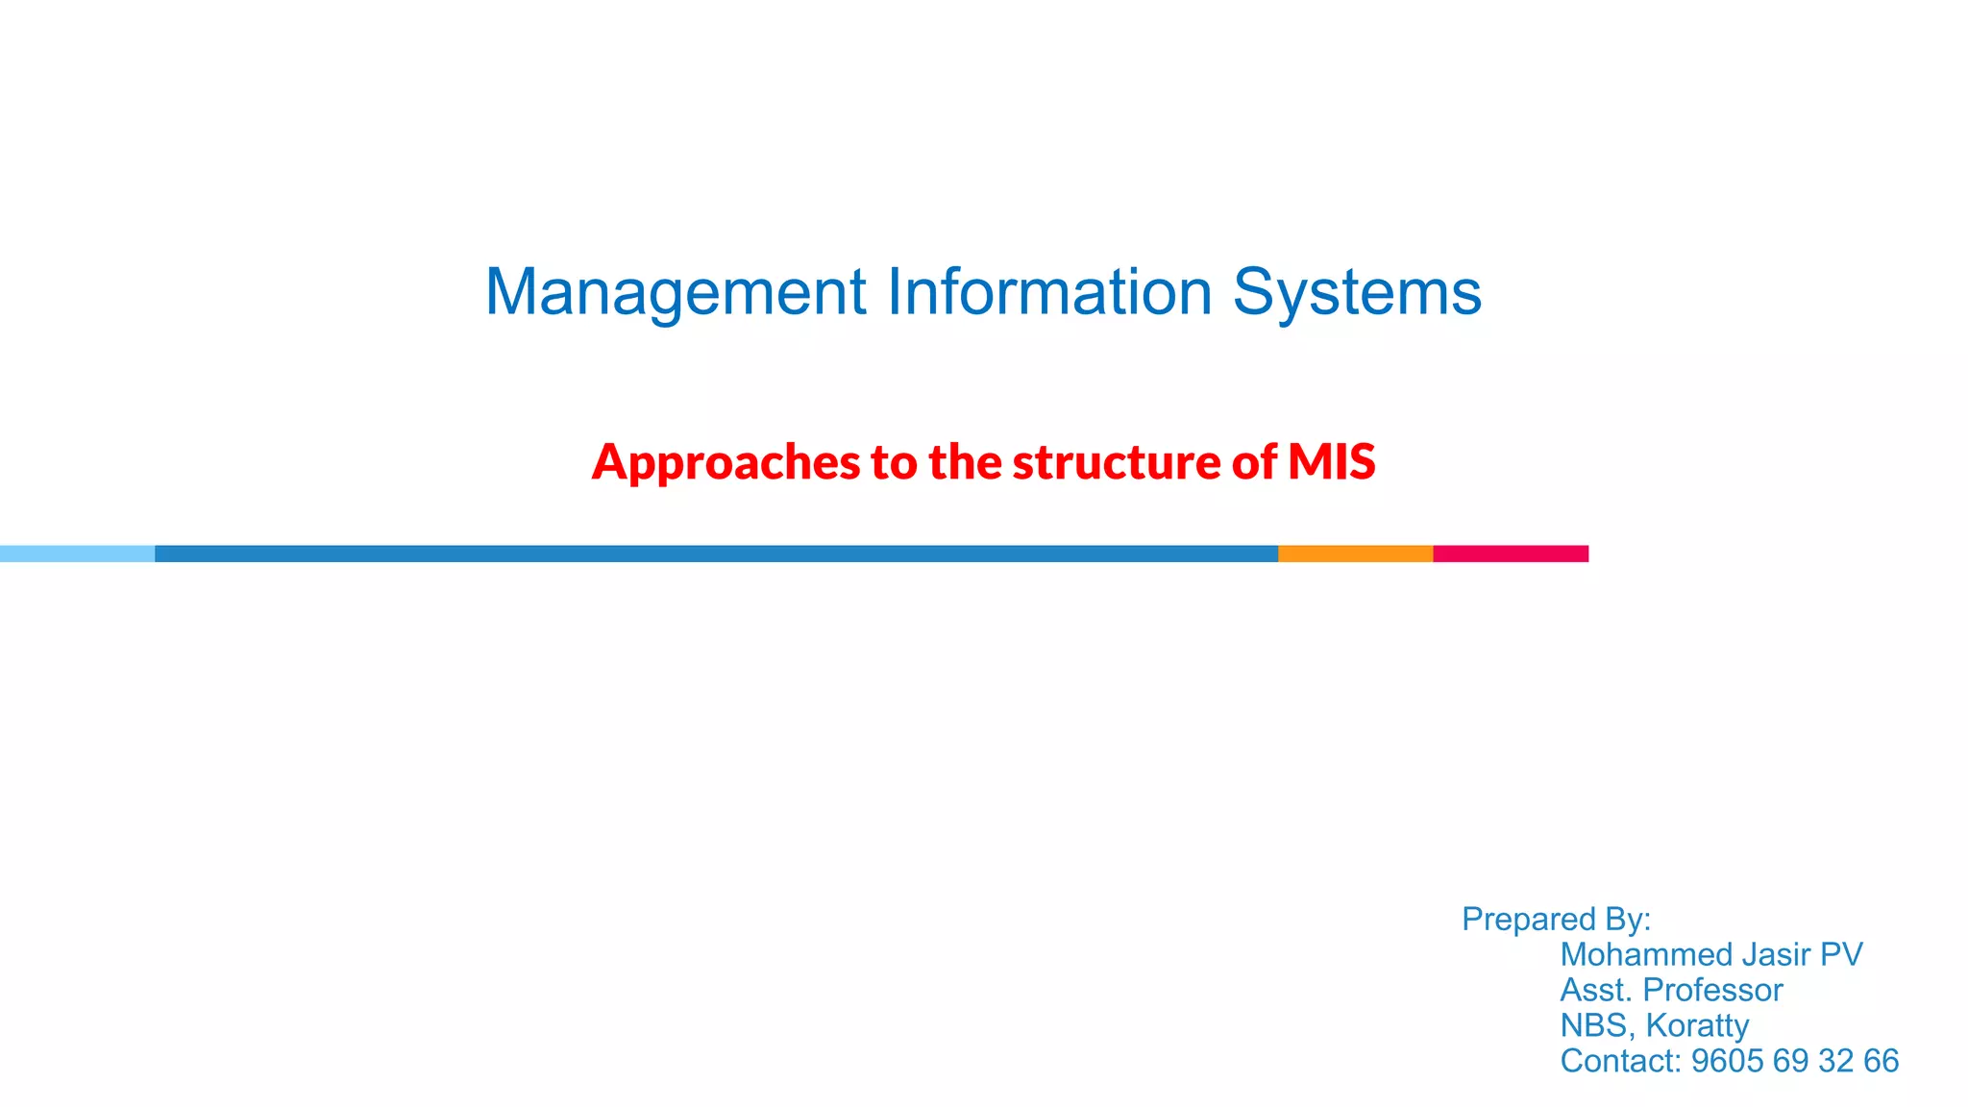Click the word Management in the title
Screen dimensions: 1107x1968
[x=676, y=292]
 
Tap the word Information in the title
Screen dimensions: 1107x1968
[x=1048, y=292]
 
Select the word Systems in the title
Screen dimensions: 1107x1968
[x=1357, y=292]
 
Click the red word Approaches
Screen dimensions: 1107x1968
[x=726, y=462]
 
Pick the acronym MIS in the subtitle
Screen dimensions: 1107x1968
[x=1332, y=462]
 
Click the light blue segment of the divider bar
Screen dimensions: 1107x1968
[x=77, y=553]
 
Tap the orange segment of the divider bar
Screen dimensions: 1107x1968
[x=1355, y=553]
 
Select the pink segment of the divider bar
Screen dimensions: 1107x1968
[x=1511, y=553]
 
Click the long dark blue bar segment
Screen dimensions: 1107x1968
[x=716, y=553]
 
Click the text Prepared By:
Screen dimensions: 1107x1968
[x=1556, y=920]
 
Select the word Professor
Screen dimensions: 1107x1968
[x=1712, y=991]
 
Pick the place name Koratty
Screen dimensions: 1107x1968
[x=1697, y=1026]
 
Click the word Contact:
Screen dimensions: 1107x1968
[x=1621, y=1062]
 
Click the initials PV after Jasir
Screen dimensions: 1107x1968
[x=1841, y=955]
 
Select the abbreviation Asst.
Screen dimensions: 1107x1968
[x=1596, y=991]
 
